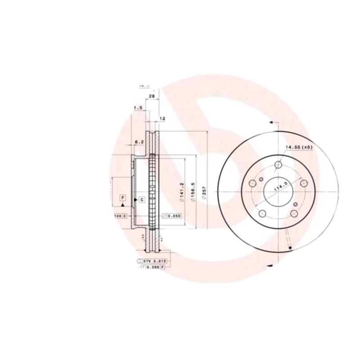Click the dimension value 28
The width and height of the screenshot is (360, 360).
152,96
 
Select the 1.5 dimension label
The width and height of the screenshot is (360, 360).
138,108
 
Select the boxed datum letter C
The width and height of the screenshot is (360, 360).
141,199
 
